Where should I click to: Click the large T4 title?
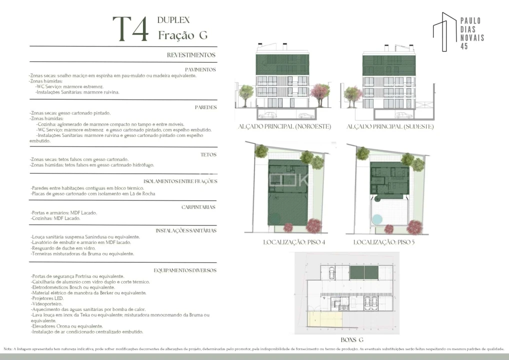pos(130,29)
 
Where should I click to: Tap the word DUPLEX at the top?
pos(173,20)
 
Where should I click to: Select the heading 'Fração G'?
pos(182,35)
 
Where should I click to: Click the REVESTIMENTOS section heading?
pos(191,55)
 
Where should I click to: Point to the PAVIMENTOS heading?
pos(200,69)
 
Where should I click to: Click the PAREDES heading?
pos(205,107)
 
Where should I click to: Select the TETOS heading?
pos(208,154)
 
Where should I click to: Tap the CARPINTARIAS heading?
pos(198,206)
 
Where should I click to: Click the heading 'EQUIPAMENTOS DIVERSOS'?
pos(185,270)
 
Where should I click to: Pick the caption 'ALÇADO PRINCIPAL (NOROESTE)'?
pos(285,127)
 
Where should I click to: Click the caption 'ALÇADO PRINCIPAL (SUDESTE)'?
pos(390,127)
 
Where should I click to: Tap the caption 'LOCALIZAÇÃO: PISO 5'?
pos(384,242)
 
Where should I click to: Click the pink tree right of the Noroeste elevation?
pos(320,92)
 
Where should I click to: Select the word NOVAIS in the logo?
pos(471,38)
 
